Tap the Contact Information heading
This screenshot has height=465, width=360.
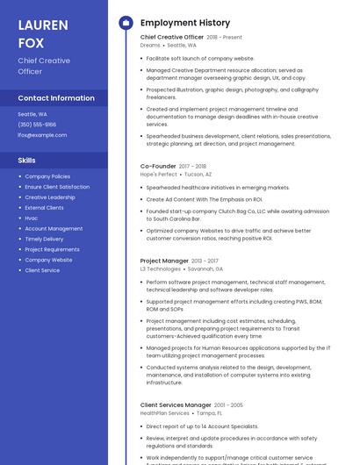(x=56, y=98)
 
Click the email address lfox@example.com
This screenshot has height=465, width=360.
(x=42, y=135)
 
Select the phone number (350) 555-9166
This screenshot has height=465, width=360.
(x=37, y=125)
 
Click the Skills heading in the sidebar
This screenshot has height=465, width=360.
(x=27, y=161)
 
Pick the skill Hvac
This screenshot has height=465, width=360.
(x=32, y=218)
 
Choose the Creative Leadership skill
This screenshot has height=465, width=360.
(x=50, y=197)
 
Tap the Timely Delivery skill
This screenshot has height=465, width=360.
(x=44, y=239)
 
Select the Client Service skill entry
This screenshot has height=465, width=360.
(x=42, y=270)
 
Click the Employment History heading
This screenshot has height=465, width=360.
(x=185, y=23)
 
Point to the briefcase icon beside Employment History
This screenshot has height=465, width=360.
(x=126, y=23)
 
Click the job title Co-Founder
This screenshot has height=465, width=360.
(x=158, y=166)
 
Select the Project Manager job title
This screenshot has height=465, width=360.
(x=164, y=261)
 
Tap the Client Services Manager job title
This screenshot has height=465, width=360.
(x=175, y=404)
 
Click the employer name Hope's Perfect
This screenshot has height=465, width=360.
(x=158, y=175)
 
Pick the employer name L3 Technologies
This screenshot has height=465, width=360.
(x=160, y=269)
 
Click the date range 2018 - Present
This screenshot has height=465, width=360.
(x=224, y=38)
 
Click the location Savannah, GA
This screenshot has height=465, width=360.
(x=205, y=269)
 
